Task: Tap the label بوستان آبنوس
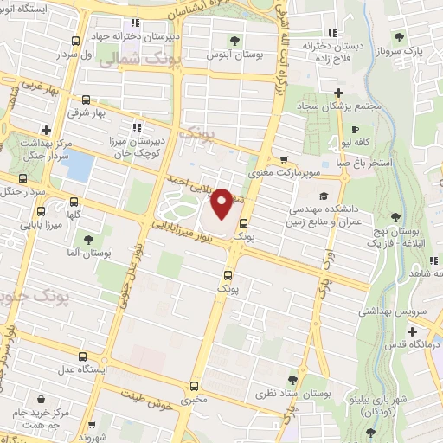pos(234,55)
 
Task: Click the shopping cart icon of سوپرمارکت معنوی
pos(283,159)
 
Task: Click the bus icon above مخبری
pos(193,386)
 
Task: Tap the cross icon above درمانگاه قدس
pos(413,331)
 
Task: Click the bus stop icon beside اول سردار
pos(76,41)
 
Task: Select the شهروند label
pos(90,436)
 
